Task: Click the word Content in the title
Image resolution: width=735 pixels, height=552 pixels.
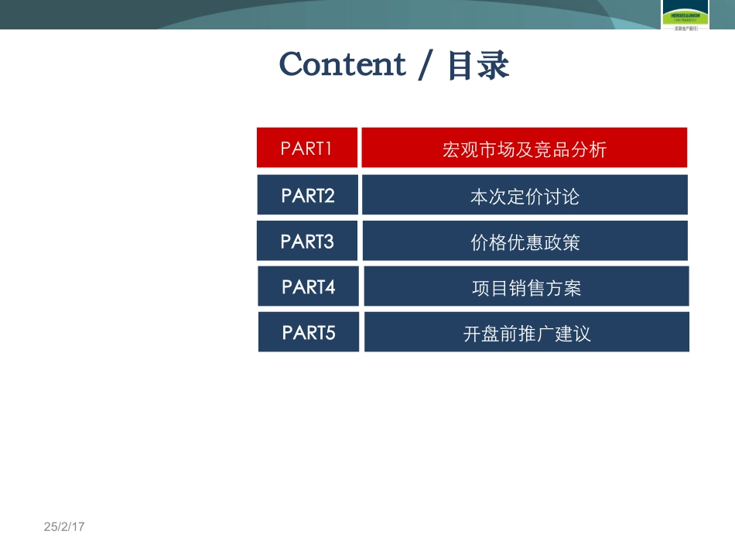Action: click(x=342, y=64)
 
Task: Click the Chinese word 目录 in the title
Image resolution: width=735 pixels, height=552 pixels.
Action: click(x=478, y=65)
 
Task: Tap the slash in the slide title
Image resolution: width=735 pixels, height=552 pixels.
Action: click(x=424, y=65)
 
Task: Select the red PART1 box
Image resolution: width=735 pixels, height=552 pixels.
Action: click(x=307, y=148)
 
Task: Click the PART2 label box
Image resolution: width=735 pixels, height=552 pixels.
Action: click(x=307, y=195)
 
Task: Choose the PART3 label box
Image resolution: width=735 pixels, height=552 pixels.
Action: click(x=307, y=242)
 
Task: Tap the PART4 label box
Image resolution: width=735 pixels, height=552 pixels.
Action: click(x=308, y=286)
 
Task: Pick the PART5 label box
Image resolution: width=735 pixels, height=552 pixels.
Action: click(x=308, y=333)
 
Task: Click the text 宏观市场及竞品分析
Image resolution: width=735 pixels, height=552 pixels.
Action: click(x=524, y=149)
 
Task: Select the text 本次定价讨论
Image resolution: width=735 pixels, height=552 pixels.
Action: click(x=524, y=196)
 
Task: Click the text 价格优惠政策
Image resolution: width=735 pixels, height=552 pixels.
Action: click(x=525, y=242)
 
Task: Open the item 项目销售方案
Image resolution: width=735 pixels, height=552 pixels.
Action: click(x=526, y=288)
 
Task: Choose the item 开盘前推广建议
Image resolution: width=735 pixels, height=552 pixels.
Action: click(x=527, y=334)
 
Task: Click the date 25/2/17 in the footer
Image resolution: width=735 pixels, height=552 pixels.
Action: click(x=63, y=526)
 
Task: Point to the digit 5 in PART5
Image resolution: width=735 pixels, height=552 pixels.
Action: click(x=330, y=333)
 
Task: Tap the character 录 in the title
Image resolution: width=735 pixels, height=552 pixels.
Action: click(x=494, y=65)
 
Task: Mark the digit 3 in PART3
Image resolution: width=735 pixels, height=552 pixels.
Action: click(x=329, y=242)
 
